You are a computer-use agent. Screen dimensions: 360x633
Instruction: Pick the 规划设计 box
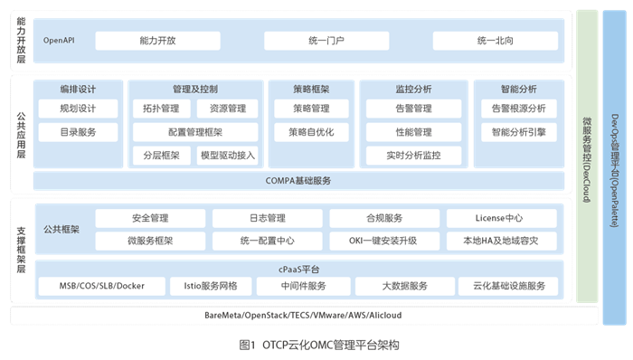coord(78,109)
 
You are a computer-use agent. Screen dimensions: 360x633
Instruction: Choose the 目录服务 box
coord(78,132)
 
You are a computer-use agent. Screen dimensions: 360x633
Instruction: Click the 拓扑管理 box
coord(161,109)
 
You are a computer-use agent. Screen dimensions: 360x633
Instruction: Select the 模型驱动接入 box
coord(228,155)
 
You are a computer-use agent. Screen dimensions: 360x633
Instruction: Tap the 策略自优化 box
coord(310,132)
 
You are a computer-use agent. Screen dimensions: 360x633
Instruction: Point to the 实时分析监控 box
coord(413,155)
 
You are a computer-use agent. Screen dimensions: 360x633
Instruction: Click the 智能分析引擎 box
coord(518,132)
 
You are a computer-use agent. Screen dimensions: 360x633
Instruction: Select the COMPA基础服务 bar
coord(298,180)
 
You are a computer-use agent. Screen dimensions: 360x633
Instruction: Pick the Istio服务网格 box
coord(210,286)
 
